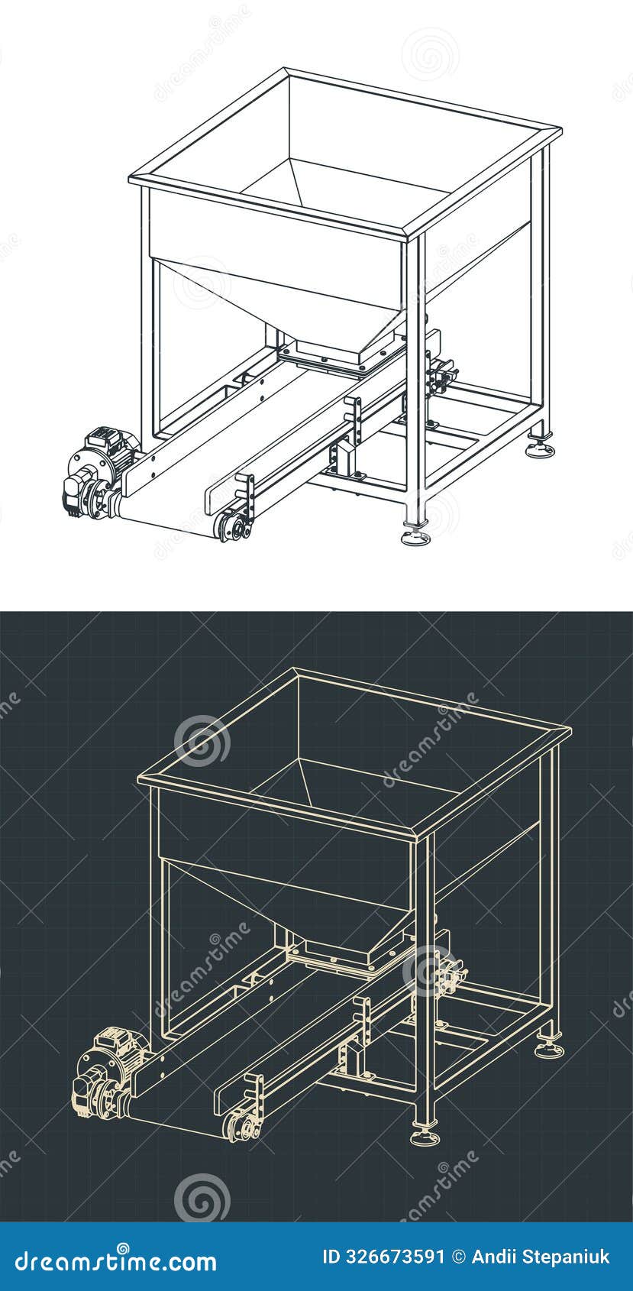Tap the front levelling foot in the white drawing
tap(415, 536)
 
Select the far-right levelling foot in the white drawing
tap(540, 449)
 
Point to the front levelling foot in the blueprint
tap(425, 1136)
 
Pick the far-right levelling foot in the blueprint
tap(549, 1049)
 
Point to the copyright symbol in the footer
tap(458, 1257)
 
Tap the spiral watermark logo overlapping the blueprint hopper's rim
tap(202, 739)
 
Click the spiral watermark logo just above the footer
tap(202, 1197)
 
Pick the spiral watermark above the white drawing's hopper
tap(430, 53)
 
